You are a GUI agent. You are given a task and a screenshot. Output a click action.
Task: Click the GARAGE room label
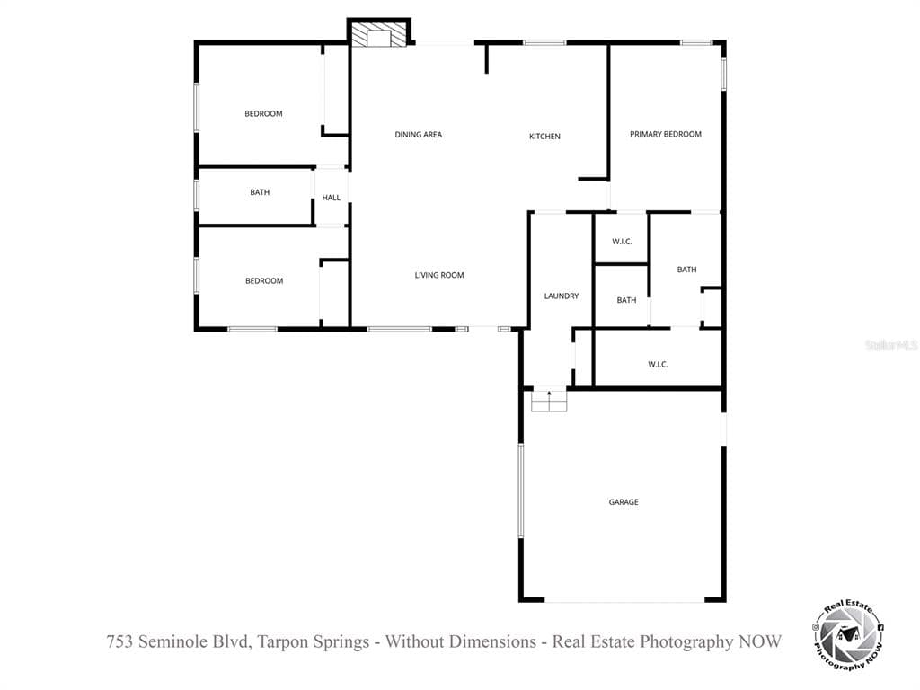pos(624,501)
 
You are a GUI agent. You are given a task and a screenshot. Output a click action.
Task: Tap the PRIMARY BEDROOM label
pos(666,134)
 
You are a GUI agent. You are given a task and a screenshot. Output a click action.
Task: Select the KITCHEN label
pos(544,137)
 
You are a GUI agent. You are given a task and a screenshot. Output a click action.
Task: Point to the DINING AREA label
pos(419,135)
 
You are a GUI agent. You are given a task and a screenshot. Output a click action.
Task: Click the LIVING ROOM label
pos(438,275)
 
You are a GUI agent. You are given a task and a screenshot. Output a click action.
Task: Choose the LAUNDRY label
pos(561,296)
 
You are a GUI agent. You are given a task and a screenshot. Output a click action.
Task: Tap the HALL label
pos(331,198)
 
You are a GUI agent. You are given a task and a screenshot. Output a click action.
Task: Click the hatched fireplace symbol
pos(378,35)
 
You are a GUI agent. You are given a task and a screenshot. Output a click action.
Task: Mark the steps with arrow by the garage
pos(549,400)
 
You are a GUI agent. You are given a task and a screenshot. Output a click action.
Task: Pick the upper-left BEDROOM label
pos(263,113)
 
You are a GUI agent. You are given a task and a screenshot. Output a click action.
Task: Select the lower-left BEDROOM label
pos(264,280)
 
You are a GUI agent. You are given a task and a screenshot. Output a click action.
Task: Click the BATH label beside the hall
pos(260,192)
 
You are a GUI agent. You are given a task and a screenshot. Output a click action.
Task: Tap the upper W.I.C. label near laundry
pos(622,241)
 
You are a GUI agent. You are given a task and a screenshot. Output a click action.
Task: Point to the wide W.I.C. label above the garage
pos(658,364)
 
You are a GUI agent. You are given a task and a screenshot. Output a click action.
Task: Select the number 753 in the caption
pos(120,641)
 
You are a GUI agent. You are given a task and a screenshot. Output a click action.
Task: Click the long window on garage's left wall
pos(520,491)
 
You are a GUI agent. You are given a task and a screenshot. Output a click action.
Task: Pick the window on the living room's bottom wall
pos(400,329)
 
